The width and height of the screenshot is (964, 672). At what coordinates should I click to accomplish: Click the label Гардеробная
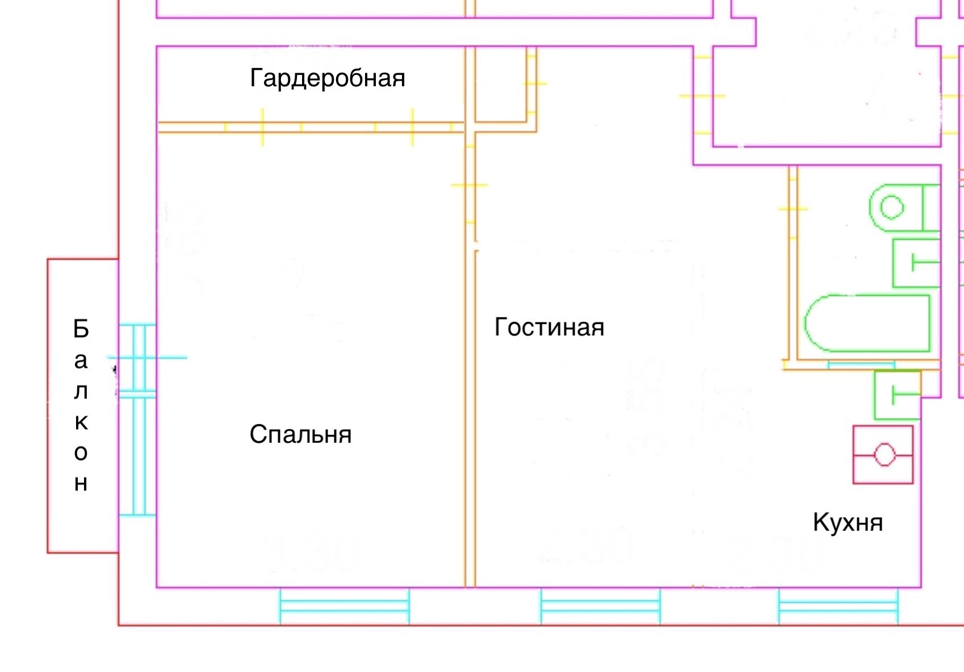click(x=328, y=78)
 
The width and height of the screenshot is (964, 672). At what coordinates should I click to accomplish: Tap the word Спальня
click(x=300, y=435)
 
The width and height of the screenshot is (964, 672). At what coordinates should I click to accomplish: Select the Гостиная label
click(x=549, y=327)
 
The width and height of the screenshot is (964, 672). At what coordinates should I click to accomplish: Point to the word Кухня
click(x=848, y=523)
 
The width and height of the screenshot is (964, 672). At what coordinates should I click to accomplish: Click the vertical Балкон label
click(x=81, y=405)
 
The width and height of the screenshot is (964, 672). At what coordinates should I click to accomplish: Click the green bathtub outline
click(x=867, y=322)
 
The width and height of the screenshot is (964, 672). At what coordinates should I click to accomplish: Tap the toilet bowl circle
click(x=891, y=207)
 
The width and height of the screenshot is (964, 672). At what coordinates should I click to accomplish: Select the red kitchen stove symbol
click(x=883, y=455)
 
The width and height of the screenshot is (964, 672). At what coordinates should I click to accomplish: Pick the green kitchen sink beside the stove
click(x=897, y=394)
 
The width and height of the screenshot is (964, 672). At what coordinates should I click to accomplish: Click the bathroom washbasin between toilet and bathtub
click(x=916, y=263)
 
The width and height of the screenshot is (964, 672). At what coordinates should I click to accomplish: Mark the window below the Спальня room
click(x=344, y=606)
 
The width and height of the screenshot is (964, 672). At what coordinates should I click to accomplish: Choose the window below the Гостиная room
click(x=600, y=606)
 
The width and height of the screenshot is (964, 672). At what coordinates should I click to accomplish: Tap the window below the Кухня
click(x=838, y=606)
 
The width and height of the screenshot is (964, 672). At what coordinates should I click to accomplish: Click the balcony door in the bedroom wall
click(x=137, y=420)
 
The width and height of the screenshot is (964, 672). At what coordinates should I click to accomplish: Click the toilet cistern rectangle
click(x=931, y=207)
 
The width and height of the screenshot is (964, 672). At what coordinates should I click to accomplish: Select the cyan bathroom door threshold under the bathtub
click(x=861, y=364)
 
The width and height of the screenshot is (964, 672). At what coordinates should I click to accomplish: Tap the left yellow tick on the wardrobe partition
click(x=262, y=127)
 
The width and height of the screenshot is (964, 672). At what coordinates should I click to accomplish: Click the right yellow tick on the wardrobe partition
click(x=412, y=127)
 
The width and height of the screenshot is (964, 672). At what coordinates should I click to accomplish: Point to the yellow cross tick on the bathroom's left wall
click(x=793, y=209)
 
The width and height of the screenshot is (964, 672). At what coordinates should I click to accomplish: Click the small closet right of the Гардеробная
click(x=500, y=85)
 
